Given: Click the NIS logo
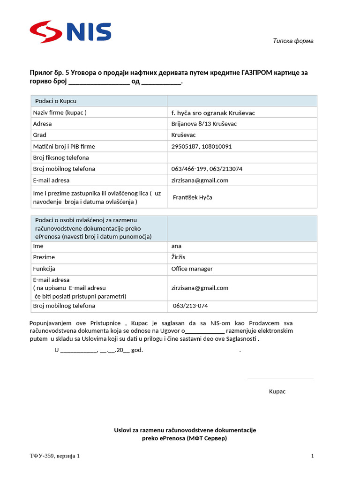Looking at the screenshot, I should (70, 32).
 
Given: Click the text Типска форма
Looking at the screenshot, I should (293, 41).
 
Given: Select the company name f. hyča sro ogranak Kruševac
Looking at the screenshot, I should (213, 112).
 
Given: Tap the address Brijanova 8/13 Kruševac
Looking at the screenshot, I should (204, 124).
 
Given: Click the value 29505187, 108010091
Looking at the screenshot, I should (202, 146).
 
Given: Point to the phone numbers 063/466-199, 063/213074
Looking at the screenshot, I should (207, 169).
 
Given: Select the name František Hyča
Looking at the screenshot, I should (192, 197).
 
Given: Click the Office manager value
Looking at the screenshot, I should (192, 269).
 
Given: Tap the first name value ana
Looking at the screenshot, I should (176, 246).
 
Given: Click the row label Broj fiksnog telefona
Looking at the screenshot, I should (61, 157).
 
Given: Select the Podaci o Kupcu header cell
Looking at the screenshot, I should (56, 101).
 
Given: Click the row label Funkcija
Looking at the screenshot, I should (44, 269).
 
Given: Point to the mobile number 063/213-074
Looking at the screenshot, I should (190, 306).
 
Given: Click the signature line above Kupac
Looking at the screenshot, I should (280, 378).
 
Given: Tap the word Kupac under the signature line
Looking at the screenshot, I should (277, 391).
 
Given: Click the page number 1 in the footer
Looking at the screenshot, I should (312, 456).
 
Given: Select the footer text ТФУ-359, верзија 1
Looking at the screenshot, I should (55, 456).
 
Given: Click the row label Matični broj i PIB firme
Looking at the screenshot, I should (64, 146).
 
